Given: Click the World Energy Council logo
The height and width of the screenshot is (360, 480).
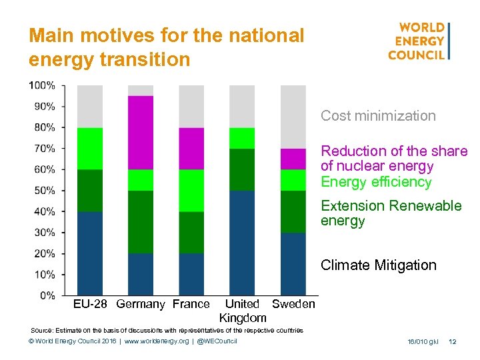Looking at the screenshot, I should [x=419, y=41].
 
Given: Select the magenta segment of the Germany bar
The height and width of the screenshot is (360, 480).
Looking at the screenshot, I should [x=141, y=133].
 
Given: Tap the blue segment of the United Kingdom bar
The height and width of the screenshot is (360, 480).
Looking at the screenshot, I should [x=242, y=243].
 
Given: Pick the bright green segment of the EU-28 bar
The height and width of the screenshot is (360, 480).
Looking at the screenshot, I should [x=90, y=149].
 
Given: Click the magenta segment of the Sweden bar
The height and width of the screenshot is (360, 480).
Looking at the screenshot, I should [x=293, y=159].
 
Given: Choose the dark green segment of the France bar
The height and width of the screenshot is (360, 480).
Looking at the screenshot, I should [x=191, y=233].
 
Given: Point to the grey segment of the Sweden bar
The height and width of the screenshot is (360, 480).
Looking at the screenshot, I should [x=293, y=117].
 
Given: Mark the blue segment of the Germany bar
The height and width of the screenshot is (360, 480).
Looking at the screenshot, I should [x=141, y=274].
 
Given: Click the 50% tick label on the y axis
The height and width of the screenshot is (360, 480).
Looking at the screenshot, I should [x=45, y=191].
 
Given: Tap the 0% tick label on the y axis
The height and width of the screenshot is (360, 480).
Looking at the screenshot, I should [x=47, y=295].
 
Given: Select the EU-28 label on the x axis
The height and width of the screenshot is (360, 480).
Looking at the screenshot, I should [x=91, y=305].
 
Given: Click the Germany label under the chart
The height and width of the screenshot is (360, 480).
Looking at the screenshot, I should [x=140, y=305].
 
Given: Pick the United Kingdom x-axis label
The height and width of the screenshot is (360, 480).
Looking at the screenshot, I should [x=243, y=311].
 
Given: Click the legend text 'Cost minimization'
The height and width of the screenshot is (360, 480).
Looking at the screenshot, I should [x=378, y=116].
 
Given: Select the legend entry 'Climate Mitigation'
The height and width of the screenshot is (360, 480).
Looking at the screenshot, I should [x=378, y=265].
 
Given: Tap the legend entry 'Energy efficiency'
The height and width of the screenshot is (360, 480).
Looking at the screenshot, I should [x=376, y=182].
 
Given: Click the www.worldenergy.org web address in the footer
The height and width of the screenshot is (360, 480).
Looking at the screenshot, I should [x=151, y=342].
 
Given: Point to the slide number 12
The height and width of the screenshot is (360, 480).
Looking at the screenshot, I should [x=453, y=342].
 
